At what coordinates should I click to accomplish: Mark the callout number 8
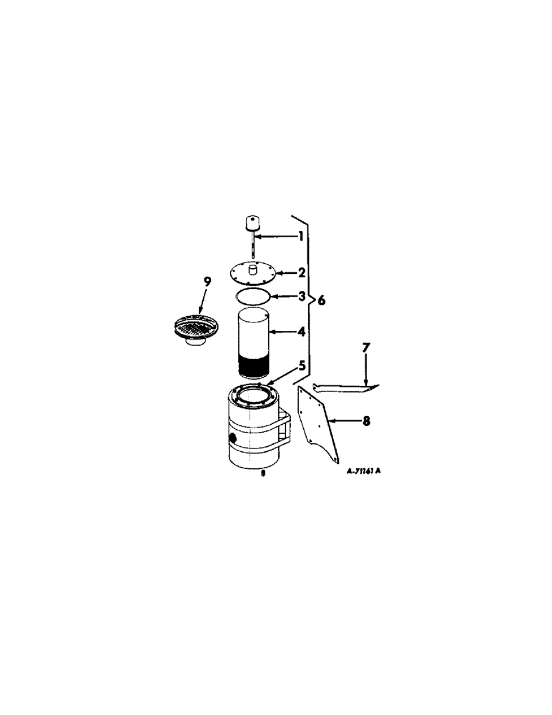pyautogui.click(x=366, y=421)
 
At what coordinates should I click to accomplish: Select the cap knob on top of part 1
pyautogui.click(x=252, y=223)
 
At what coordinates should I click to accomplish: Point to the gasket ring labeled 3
pyautogui.click(x=252, y=296)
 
